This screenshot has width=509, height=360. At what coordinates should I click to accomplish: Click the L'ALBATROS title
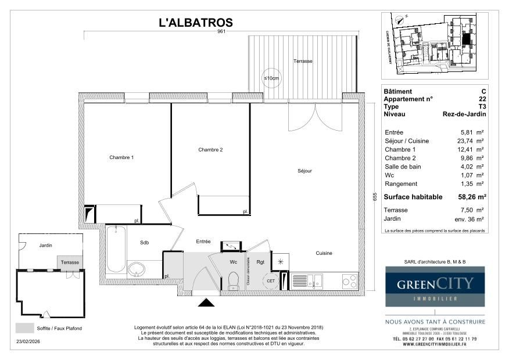pyautogui.click(x=196, y=23)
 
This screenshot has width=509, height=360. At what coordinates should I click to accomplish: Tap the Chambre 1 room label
pyautogui.click(x=121, y=157)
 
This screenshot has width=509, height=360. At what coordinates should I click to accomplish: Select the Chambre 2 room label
pyautogui.click(x=210, y=150)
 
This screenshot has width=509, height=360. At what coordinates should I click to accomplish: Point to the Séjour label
pyautogui.click(x=305, y=171)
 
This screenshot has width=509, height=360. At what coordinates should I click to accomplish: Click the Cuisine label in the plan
pyautogui.click(x=324, y=253)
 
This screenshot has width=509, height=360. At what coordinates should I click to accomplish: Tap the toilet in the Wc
pyautogui.click(x=234, y=281)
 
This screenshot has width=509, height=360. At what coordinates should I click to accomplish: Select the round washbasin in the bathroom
pyautogui.click(x=138, y=269)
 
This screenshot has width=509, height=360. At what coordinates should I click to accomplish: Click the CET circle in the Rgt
pyautogui.click(x=270, y=281)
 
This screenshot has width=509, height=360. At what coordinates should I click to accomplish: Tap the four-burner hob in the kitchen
pyautogui.click(x=349, y=281)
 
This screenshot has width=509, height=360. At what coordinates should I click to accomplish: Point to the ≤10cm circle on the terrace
pyautogui.click(x=271, y=78)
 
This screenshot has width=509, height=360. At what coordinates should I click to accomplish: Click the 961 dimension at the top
pyautogui.click(x=221, y=32)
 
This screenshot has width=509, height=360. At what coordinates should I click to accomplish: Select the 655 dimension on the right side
pyautogui.click(x=375, y=197)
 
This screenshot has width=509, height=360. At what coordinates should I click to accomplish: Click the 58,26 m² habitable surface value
pyautogui.click(x=472, y=197)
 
